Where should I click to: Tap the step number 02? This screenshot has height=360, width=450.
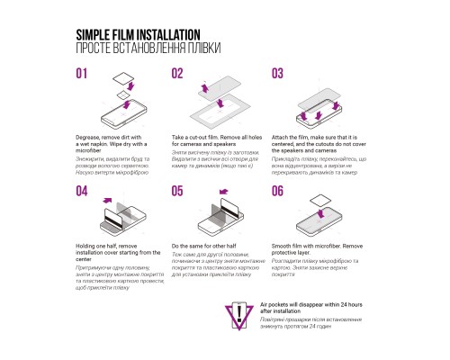pos(178,73)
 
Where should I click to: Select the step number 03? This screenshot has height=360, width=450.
pos(277,73)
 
